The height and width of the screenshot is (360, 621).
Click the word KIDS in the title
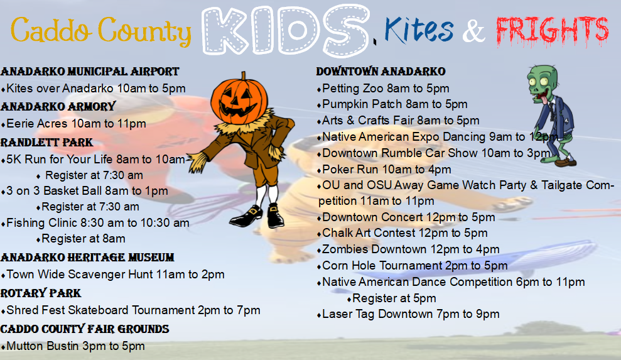click(x=286, y=31)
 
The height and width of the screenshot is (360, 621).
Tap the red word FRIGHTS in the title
click(x=552, y=30)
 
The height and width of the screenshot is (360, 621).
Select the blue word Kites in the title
click(x=419, y=30)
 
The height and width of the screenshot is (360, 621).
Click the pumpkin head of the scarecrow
click(x=239, y=97)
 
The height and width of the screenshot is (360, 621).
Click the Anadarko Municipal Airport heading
click(x=90, y=72)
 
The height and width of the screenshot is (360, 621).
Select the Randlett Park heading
click(x=46, y=143)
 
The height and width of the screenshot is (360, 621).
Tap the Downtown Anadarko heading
click(x=381, y=72)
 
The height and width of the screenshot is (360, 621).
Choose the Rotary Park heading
click(x=41, y=293)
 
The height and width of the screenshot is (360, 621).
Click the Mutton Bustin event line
click(x=73, y=346)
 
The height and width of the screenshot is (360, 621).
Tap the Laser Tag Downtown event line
click(x=408, y=314)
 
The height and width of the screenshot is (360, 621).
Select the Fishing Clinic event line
click(x=95, y=223)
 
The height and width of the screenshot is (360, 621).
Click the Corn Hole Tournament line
click(x=413, y=266)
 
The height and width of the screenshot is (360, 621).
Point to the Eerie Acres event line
click(x=73, y=124)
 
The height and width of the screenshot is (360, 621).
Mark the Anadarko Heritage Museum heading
click(x=87, y=258)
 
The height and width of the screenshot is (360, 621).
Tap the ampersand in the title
click(x=473, y=31)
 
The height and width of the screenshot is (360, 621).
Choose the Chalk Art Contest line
click(x=402, y=233)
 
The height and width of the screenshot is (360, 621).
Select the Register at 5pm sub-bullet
click(x=392, y=298)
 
